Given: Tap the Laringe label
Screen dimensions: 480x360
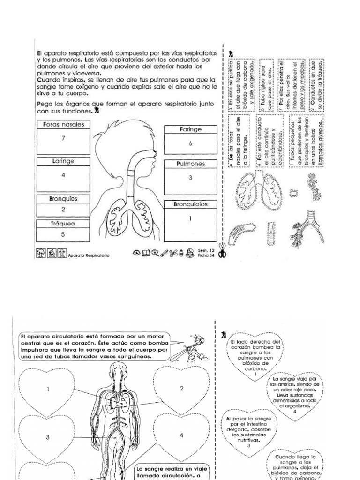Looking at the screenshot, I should coord(63,161).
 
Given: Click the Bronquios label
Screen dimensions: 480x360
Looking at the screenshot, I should coord(63,199).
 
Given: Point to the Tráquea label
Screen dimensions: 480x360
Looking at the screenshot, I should coord(62,224).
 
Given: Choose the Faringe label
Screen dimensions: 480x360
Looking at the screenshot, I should coord(190,129).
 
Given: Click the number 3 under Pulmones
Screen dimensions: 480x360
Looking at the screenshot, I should coord(190,178).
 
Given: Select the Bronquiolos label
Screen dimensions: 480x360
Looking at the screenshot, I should coord(190,204).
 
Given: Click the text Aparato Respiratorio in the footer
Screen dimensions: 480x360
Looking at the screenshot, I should coord(89,256).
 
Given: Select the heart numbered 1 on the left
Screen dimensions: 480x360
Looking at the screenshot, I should coord(48,389).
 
